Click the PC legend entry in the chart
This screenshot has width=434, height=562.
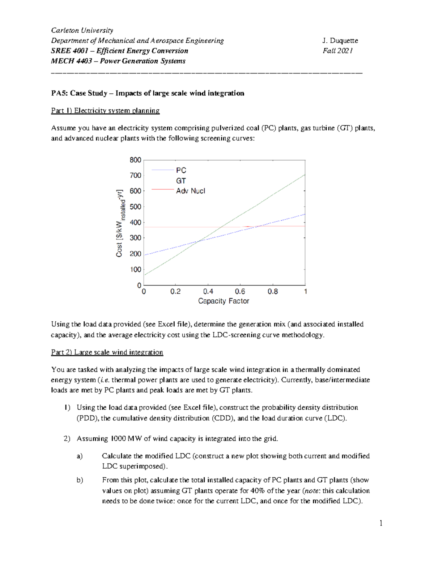click(181, 170)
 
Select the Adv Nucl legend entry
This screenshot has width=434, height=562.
click(190, 191)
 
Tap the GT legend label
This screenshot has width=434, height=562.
click(181, 181)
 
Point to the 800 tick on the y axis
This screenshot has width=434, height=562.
click(135, 160)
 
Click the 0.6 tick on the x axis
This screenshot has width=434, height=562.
click(240, 292)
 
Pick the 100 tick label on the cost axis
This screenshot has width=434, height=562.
click(135, 270)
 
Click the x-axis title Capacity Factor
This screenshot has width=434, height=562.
click(224, 301)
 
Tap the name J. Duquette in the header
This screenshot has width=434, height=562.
click(340, 41)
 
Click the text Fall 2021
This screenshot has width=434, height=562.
click(337, 51)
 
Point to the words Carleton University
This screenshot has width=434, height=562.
click(82, 30)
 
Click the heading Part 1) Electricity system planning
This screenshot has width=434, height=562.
click(105, 111)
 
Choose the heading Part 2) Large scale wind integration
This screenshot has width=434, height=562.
click(107, 352)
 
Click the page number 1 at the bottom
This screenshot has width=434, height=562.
click(381, 523)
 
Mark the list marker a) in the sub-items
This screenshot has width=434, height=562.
click(80, 456)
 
